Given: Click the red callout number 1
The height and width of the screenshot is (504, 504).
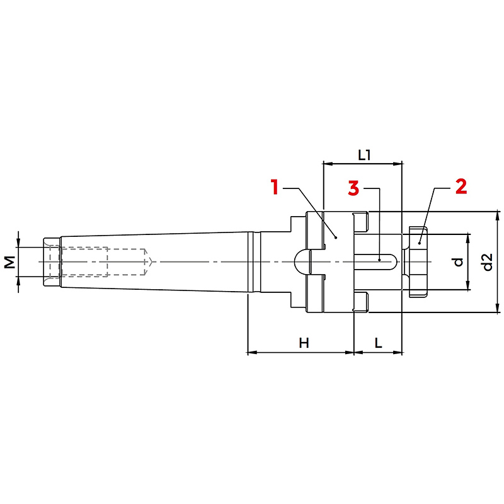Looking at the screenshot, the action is point(274,187).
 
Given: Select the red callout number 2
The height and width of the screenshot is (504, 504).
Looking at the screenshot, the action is point(461,186).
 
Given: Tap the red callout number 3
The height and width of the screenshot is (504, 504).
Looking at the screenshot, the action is point(353,188).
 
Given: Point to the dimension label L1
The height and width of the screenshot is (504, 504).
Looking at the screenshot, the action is point(364,156).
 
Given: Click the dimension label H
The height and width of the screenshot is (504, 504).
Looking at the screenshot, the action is point(304,343).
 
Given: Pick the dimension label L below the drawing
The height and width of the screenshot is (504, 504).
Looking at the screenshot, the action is point(379,343).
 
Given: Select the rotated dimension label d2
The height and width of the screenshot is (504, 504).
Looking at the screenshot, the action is point(488,262).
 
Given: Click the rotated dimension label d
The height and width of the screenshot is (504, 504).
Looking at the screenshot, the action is point(459,262).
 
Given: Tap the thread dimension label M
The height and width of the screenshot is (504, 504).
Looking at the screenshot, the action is point(10,262).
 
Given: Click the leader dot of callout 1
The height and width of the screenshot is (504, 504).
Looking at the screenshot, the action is point(336,238).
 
